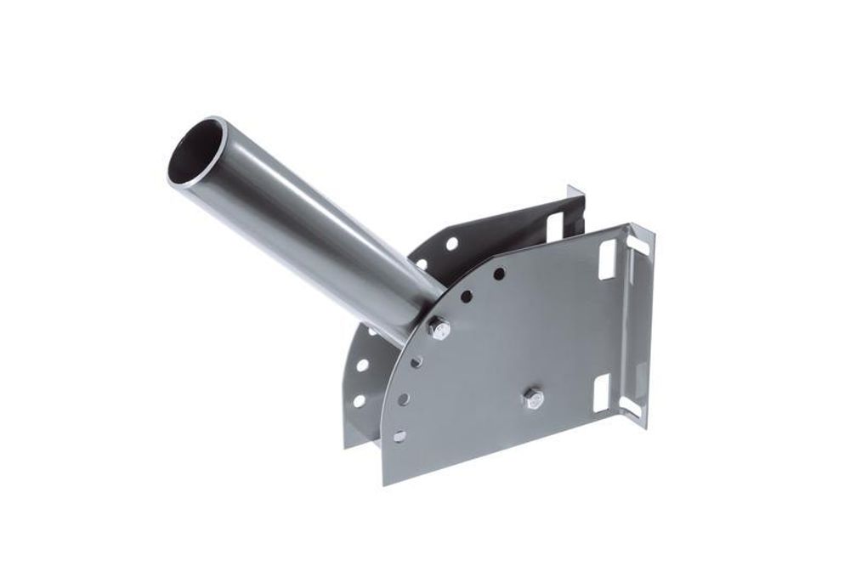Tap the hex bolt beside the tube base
click(439, 328)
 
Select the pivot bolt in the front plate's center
click(533, 397)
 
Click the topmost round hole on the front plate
click(499, 274)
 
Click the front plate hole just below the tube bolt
click(416, 362)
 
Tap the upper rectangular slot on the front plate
click(607, 259)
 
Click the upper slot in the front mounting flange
click(637, 246)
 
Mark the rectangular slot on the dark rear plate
click(554, 226)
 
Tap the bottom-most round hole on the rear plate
click(359, 400)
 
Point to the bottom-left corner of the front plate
click(383, 484)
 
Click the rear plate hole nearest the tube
click(422, 264)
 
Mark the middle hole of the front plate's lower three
click(404, 399)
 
